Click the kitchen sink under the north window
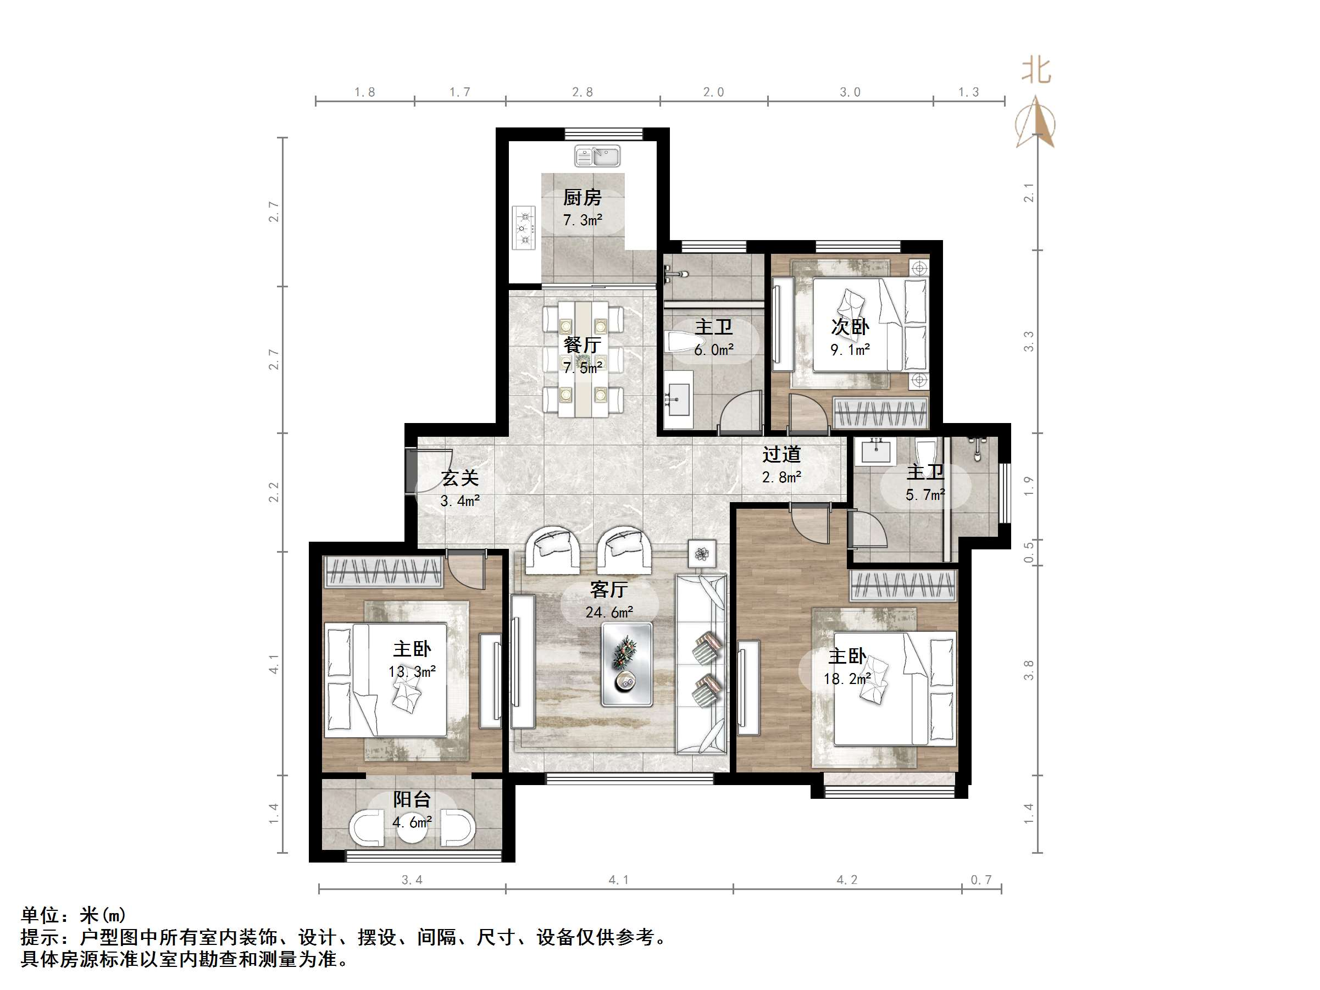[x=597, y=157]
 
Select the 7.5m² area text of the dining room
[x=583, y=368]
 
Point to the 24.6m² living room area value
[x=609, y=612]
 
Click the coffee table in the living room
[x=626, y=664]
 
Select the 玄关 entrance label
[x=459, y=478]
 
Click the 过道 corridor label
[x=781, y=455]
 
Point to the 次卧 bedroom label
[x=850, y=327]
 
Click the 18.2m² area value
[x=847, y=679]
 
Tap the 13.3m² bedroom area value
[x=412, y=672]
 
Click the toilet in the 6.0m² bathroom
[x=679, y=342]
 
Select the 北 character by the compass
[x=1036, y=71]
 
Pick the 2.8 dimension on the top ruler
[x=583, y=92]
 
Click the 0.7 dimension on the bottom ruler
[x=981, y=880]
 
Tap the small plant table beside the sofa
[x=702, y=554]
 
